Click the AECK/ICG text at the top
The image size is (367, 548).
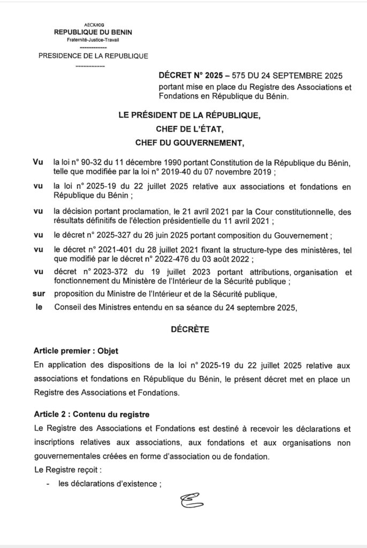94,25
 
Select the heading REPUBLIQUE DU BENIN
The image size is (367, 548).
94,32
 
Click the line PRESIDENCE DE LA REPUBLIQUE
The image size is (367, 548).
94,56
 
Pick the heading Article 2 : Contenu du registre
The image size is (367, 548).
91,414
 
